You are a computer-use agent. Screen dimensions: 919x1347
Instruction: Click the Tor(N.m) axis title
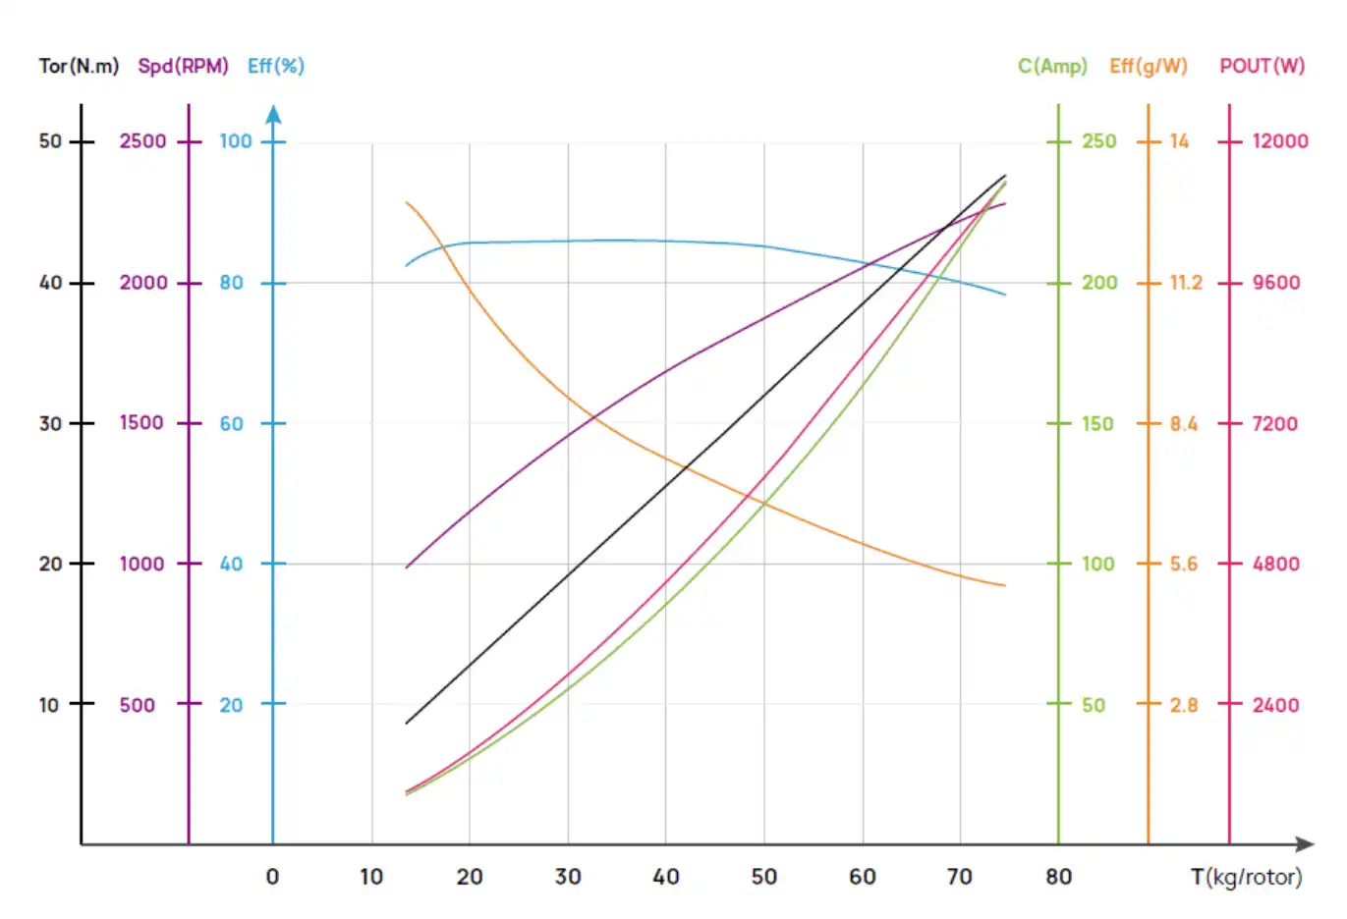79,66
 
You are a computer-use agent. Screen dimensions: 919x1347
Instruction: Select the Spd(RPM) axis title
183,66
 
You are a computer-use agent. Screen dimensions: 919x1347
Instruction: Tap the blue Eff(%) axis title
276,66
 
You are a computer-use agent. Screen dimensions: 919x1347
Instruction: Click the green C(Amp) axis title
1052,66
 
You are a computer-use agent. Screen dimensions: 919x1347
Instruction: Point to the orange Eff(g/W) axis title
1149,66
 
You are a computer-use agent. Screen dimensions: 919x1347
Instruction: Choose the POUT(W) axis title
1263,66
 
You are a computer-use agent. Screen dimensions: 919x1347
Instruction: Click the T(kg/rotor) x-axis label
1246,877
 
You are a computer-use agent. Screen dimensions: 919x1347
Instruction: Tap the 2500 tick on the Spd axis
143,141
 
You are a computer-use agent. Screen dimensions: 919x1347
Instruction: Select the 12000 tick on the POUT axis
1279,141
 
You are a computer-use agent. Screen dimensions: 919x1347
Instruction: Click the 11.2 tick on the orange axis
1186,283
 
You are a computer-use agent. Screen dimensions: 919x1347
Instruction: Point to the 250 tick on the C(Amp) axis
1099,141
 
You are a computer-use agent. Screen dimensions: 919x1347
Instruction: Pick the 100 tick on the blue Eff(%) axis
236,141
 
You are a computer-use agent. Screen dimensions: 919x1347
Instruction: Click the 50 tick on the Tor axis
50,141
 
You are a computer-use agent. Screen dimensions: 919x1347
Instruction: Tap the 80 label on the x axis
1058,877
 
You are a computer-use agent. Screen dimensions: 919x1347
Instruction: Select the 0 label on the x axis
272,877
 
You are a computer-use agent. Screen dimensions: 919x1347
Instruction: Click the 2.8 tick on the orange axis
1184,705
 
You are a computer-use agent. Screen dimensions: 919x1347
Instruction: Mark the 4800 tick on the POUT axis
1275,565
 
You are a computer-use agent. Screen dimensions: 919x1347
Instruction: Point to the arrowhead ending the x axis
1305,844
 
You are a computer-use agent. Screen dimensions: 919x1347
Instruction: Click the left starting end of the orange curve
407,202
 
